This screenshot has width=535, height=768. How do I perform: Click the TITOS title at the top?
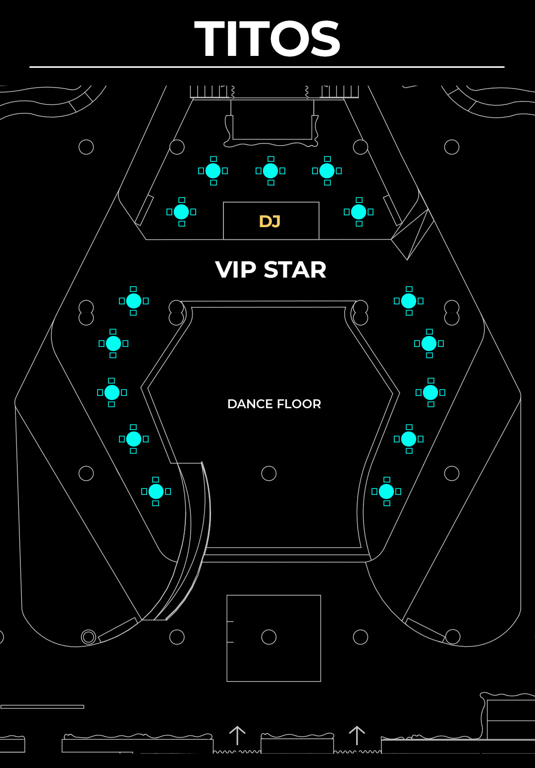click(267, 38)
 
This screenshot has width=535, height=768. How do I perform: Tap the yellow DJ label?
click(270, 222)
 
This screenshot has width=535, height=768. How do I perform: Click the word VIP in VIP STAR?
click(235, 270)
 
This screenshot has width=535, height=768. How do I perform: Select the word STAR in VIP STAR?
click(295, 270)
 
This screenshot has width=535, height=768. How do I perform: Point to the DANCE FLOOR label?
click(274, 404)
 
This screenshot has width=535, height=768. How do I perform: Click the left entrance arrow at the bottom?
click(237, 735)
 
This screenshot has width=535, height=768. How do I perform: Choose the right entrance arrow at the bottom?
click(357, 735)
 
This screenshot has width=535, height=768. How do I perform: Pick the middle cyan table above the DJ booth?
click(270, 171)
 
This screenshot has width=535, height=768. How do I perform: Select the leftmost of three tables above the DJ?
click(213, 171)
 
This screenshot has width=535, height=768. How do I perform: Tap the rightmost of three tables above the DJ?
click(327, 171)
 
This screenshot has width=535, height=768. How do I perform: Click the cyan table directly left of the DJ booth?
click(181, 212)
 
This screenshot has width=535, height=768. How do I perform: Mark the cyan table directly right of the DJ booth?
click(359, 212)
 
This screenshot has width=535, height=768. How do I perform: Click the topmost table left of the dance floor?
click(134, 301)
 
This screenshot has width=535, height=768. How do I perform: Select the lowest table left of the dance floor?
click(156, 491)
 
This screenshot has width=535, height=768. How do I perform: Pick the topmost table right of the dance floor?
click(409, 301)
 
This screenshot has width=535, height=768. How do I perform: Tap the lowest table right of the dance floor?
click(386, 491)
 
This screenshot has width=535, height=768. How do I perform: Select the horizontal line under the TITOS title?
click(267, 67)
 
